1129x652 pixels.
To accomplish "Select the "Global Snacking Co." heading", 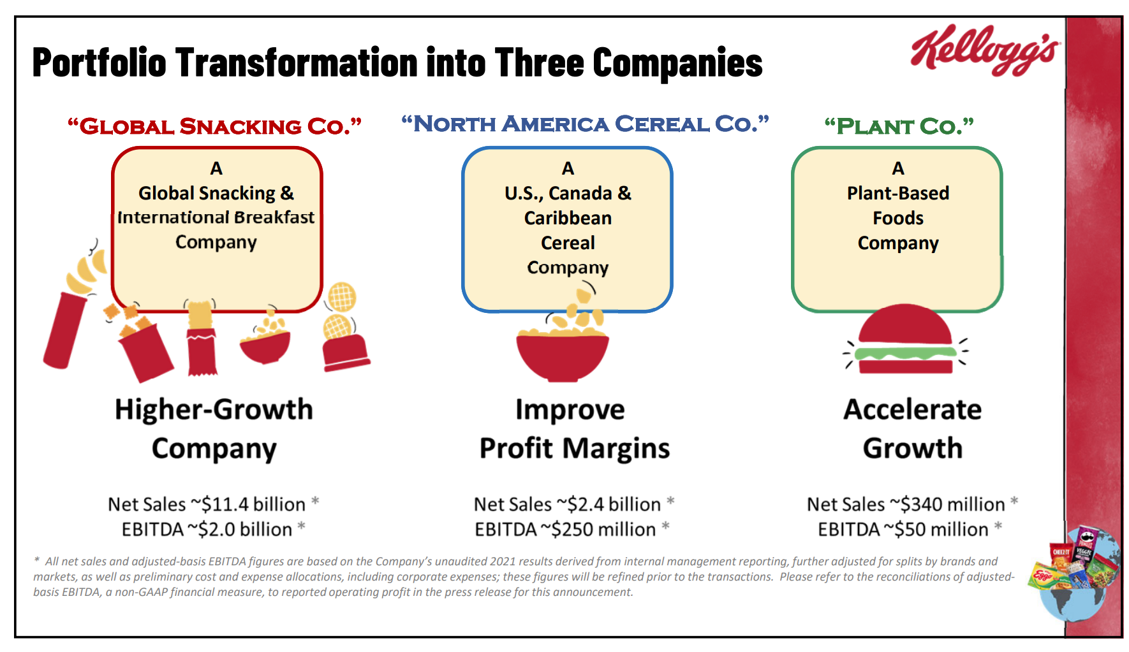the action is coord(215,126).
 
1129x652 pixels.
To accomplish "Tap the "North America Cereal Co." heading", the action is coord(585,124).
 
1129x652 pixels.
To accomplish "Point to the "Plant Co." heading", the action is coord(899,126).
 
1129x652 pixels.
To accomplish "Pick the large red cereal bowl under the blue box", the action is coord(562,356).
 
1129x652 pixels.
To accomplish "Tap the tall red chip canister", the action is coord(64,330).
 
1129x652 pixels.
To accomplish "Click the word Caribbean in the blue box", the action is coord(568,218).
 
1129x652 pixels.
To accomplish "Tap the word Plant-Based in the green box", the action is coord(898,193).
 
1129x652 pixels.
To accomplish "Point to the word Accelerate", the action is coord(913,409).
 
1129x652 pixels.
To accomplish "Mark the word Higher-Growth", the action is coord(214,409).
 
